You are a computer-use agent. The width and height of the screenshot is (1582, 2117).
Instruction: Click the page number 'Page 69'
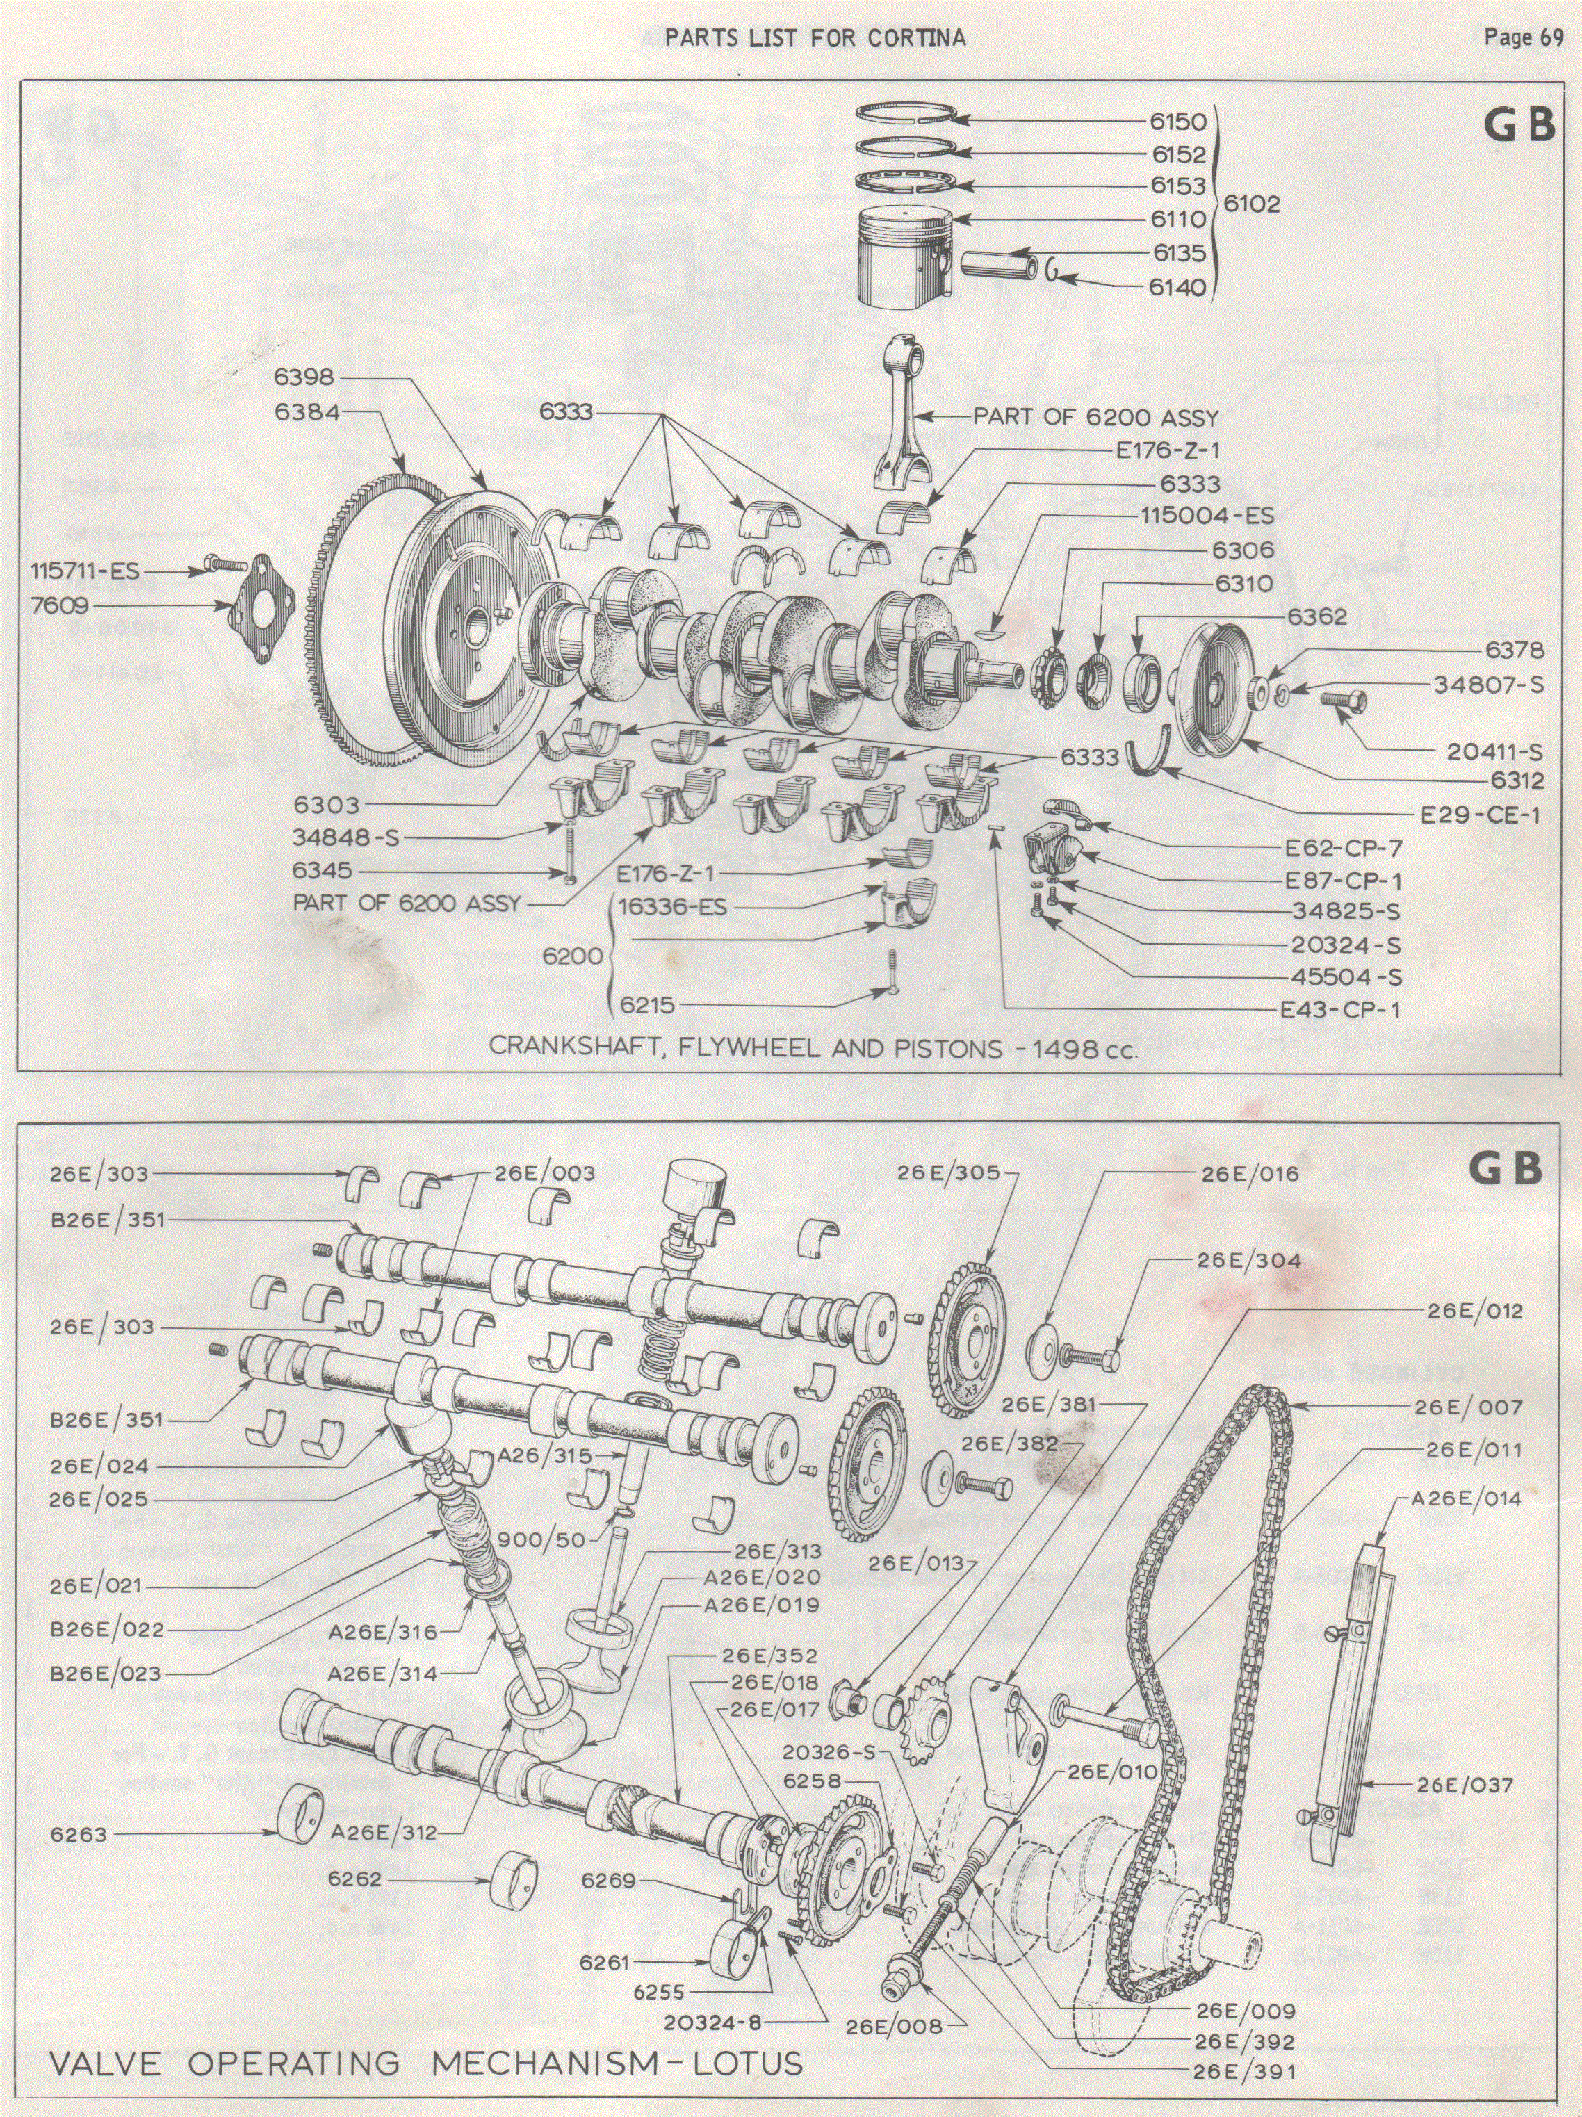click(1523, 38)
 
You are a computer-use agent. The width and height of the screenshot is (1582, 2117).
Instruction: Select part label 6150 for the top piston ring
click(1178, 122)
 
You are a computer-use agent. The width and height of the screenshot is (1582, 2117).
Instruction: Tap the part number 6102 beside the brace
click(1252, 203)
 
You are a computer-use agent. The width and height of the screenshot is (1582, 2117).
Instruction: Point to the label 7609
click(58, 605)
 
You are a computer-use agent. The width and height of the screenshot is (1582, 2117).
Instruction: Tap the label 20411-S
click(1494, 751)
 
